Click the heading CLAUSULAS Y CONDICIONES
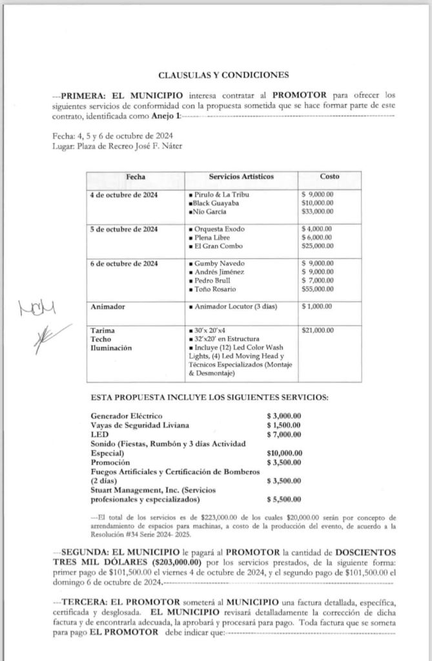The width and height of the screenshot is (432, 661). tap(223, 74)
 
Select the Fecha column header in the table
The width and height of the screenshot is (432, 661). tap(136, 176)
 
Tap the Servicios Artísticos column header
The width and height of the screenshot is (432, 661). tap(241, 176)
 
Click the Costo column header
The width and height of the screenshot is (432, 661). tap(329, 176)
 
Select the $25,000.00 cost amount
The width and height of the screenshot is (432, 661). tap(317, 246)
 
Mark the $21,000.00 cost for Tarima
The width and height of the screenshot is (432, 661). tap(318, 331)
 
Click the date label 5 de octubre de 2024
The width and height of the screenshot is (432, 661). tap(125, 229)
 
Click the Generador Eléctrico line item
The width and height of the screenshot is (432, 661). tap(127, 415)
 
